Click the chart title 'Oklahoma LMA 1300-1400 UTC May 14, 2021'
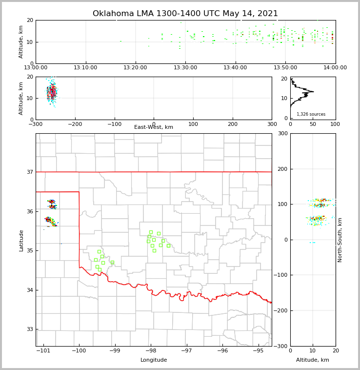185,14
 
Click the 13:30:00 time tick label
185,68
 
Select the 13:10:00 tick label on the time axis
86,68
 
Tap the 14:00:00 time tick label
335,68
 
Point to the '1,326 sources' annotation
311,114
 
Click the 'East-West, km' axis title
154,127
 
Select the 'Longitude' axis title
154,360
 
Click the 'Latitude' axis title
21,240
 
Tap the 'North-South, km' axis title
340,240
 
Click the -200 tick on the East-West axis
74,124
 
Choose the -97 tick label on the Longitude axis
187,350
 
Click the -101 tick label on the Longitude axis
43,350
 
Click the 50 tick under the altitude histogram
313,124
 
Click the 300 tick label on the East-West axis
272,124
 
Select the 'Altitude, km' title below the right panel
313,360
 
